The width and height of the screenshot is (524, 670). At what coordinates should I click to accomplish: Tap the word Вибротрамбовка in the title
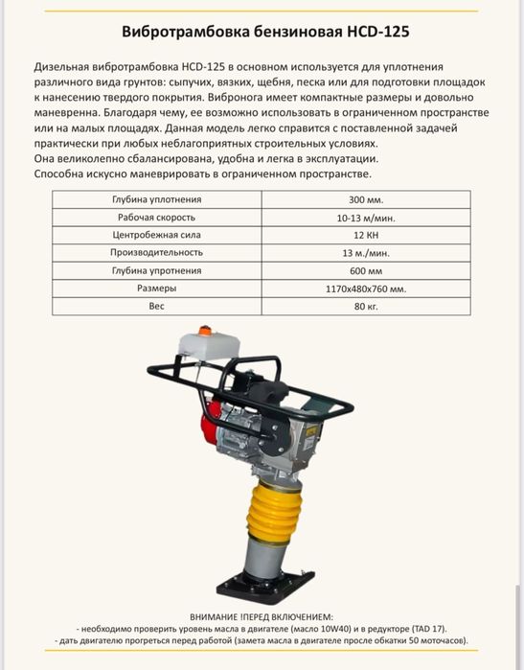[x=178, y=32]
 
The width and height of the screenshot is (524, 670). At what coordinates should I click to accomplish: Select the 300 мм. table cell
[x=366, y=199]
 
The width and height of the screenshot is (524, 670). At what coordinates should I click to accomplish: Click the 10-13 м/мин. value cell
[x=366, y=218]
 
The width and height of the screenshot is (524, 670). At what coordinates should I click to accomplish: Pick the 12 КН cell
[x=366, y=235]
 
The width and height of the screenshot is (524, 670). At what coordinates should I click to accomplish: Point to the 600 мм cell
[x=366, y=270]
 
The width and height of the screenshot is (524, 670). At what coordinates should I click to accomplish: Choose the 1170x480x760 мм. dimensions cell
[x=366, y=288]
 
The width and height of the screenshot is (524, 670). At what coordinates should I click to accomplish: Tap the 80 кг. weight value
[x=366, y=306]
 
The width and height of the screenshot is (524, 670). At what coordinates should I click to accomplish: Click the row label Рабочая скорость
[x=156, y=218]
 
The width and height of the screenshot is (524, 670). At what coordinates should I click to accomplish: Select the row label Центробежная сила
[x=156, y=235]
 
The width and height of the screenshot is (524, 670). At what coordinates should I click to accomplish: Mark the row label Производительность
[x=156, y=252]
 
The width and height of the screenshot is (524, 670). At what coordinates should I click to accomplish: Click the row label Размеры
[x=156, y=288]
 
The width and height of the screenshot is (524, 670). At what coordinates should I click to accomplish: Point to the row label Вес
[x=156, y=306]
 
